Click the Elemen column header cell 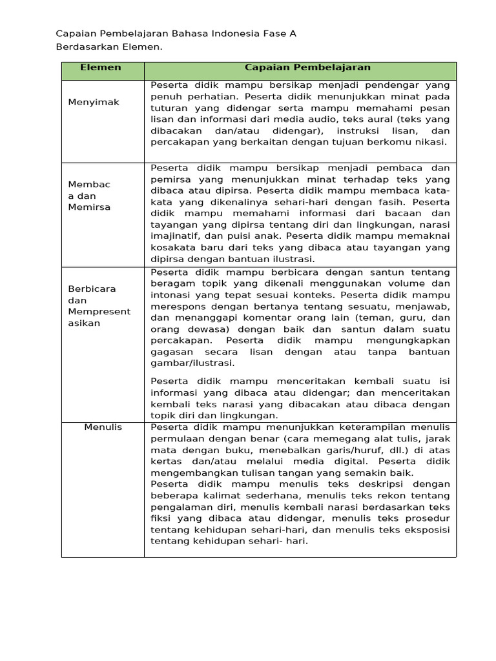pyautogui.click(x=100, y=67)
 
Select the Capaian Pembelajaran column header pyautogui.click(x=307, y=67)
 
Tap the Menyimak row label pyautogui.click(x=94, y=102)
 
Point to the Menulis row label pyautogui.click(x=103, y=427)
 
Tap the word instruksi pyautogui.click(x=352, y=130)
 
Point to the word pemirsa pyautogui.click(x=170, y=178)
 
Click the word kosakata pyautogui.click(x=172, y=247)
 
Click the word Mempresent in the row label pyautogui.click(x=99, y=312)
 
